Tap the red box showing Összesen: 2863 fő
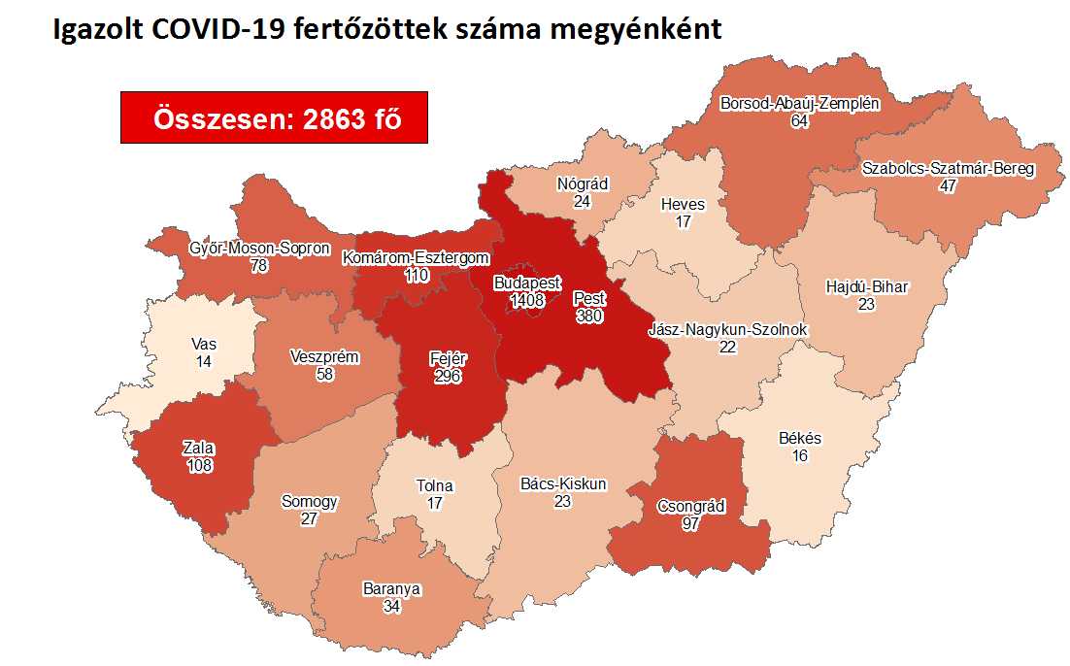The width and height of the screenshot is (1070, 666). pos(274,118)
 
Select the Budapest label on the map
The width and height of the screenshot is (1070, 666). pos(527,283)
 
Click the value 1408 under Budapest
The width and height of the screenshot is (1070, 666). pos(527,299)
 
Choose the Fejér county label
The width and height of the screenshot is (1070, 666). pos(448,358)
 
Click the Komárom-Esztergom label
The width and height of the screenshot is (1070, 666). pos(402,258)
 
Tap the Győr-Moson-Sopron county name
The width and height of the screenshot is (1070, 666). pos(260,249)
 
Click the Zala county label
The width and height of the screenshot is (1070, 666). pos(198,448)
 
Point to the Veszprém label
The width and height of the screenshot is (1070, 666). pos(325,356)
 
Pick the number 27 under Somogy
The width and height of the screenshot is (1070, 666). pos(310,518)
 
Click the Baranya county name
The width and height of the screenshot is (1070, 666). pos(392,588)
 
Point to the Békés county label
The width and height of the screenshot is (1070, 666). pos(800,438)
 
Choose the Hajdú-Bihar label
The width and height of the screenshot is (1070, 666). pos(866,287)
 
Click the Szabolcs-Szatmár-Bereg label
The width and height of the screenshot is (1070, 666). pos(949,168)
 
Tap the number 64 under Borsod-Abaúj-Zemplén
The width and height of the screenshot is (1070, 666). pos(799,120)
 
